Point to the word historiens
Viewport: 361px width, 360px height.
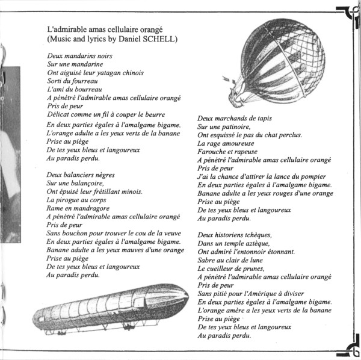click(x=233, y=234)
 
